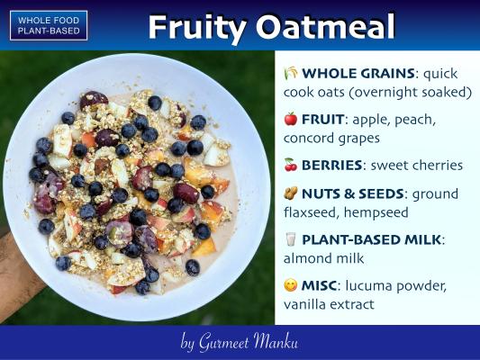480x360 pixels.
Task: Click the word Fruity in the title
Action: point(197,27)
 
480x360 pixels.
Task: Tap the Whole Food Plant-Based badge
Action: point(49,26)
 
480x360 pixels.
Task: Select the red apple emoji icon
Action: point(291,119)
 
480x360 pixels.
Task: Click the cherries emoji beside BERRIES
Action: point(291,165)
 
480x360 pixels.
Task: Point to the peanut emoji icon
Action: point(291,193)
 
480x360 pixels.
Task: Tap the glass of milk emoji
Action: point(291,239)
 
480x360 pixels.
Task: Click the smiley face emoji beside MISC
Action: point(291,285)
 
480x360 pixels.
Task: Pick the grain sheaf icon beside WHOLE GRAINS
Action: point(291,73)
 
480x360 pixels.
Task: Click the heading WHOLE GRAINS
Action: point(358,74)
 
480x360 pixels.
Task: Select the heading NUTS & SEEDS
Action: point(353,193)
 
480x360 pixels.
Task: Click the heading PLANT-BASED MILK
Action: point(371,239)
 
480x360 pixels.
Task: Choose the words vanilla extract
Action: point(329,304)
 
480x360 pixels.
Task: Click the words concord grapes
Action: point(331,139)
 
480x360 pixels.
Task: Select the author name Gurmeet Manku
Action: point(248,341)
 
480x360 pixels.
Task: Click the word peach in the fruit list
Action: point(414,120)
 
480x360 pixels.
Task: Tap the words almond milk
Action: point(323,258)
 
